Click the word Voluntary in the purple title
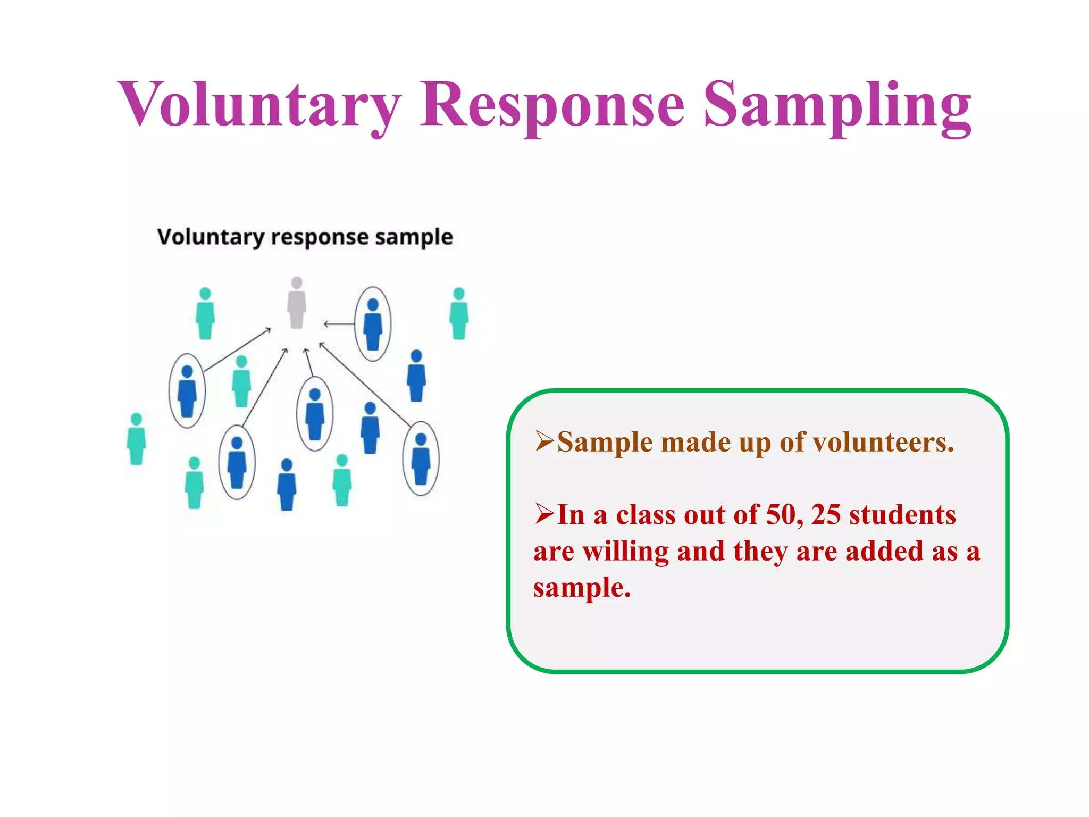(259, 104)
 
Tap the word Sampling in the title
(837, 104)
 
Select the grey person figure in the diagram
(297, 303)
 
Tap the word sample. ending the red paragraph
(582, 588)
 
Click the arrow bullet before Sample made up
(544, 441)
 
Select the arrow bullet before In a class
(544, 514)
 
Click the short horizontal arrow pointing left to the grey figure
(339, 323)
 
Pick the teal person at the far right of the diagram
(459, 313)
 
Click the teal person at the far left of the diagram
(136, 439)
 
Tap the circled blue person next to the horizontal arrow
(373, 324)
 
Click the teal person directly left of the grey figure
(205, 313)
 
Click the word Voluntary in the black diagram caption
(211, 237)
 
